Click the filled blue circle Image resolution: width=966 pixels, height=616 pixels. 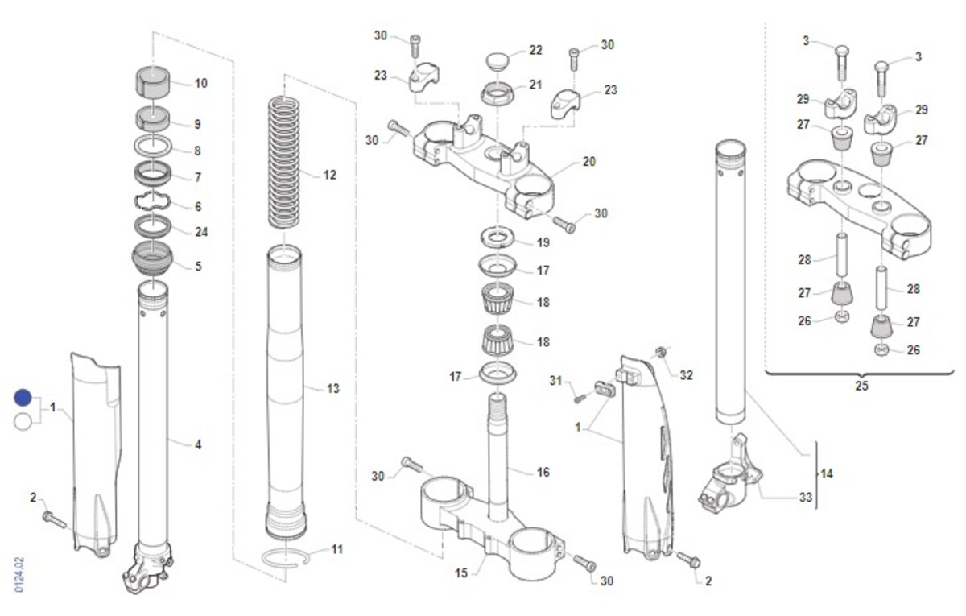(x=23, y=398)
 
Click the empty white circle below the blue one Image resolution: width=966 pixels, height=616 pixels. (x=23, y=422)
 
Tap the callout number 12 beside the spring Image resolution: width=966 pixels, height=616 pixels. (x=329, y=176)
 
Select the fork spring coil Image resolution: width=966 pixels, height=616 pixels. (x=283, y=163)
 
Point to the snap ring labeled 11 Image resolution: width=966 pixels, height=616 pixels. (x=286, y=560)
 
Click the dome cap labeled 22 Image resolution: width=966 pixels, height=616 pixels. (x=498, y=60)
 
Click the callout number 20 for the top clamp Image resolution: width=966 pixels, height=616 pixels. (x=589, y=161)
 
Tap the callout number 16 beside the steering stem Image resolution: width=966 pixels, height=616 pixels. (x=543, y=473)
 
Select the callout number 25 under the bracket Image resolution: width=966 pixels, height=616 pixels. (x=861, y=386)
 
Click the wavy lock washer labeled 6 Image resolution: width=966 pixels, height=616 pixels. (x=153, y=201)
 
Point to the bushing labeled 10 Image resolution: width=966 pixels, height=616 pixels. (x=153, y=81)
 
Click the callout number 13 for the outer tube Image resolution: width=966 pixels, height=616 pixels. (x=333, y=389)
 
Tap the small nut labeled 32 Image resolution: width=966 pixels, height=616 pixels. (x=659, y=353)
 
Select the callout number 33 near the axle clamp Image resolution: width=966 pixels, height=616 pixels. (x=806, y=498)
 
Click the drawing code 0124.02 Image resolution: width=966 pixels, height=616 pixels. (x=19, y=575)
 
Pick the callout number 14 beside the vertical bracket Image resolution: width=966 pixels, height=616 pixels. (x=826, y=473)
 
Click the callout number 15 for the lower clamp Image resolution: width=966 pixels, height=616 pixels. (x=461, y=573)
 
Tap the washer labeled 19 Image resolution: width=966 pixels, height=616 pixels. (x=497, y=238)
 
